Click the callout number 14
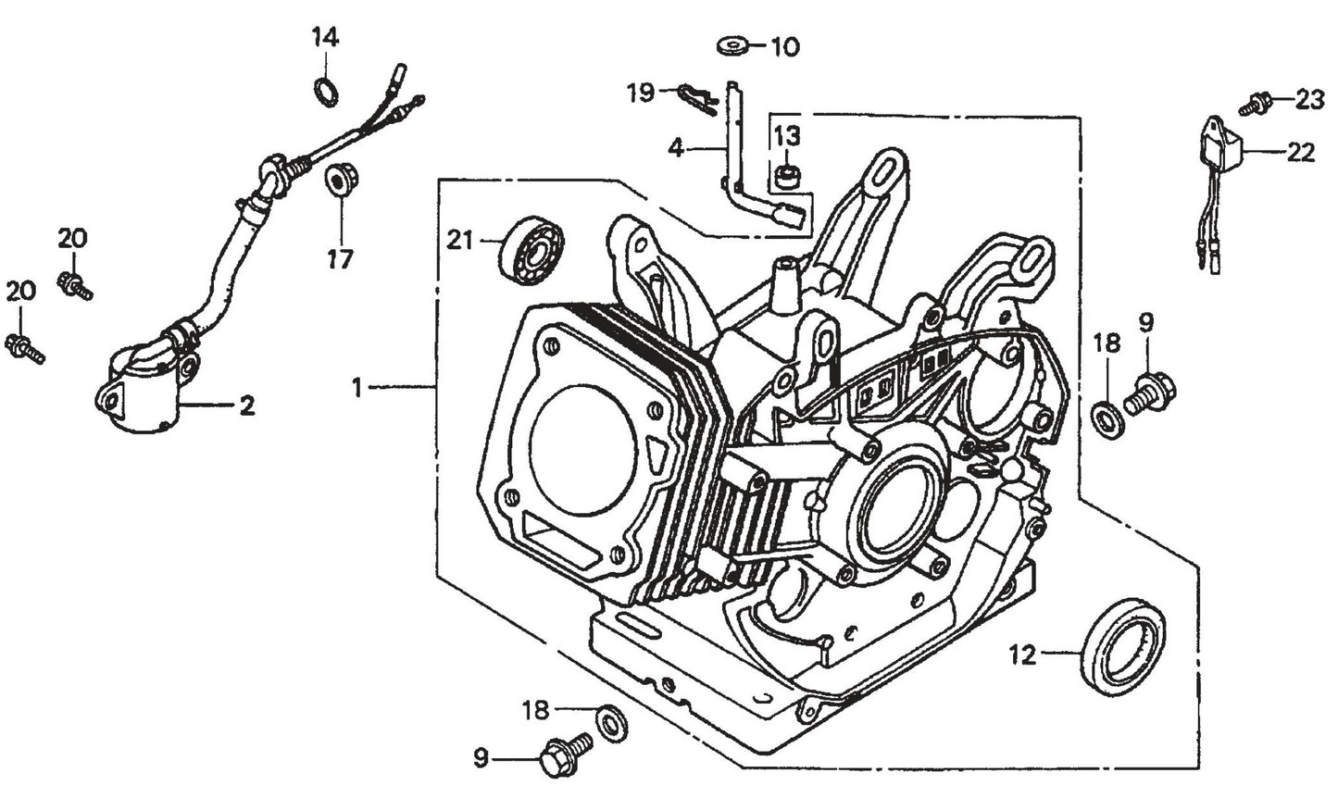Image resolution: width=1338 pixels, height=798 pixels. [325, 38]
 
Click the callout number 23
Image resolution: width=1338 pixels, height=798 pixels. [1309, 99]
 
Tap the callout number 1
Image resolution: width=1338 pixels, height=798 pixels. [357, 388]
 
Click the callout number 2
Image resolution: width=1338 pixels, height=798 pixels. [246, 405]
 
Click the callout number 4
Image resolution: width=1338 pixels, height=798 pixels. [676, 147]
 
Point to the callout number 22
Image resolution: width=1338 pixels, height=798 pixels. [1302, 154]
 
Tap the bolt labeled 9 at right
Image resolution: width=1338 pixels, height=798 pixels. [1149, 390]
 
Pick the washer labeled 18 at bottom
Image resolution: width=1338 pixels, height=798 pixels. [609, 721]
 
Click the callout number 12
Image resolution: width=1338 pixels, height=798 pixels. [1022, 656]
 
